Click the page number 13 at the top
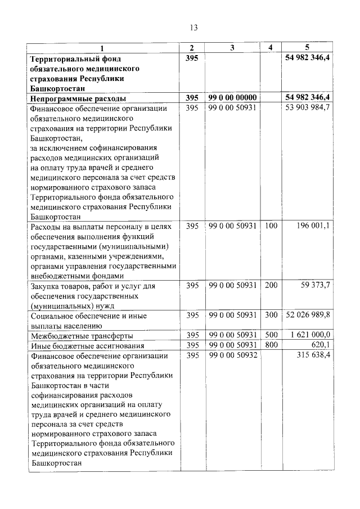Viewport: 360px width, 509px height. coord(194,28)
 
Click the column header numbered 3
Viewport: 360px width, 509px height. coord(232,48)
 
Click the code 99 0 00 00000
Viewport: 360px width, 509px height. coord(232,97)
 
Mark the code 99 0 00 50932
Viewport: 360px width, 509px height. coord(232,355)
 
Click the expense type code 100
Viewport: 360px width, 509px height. coord(271,226)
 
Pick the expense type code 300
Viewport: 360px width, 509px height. coord(271,316)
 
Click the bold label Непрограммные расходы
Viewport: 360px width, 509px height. coord(78,98)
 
